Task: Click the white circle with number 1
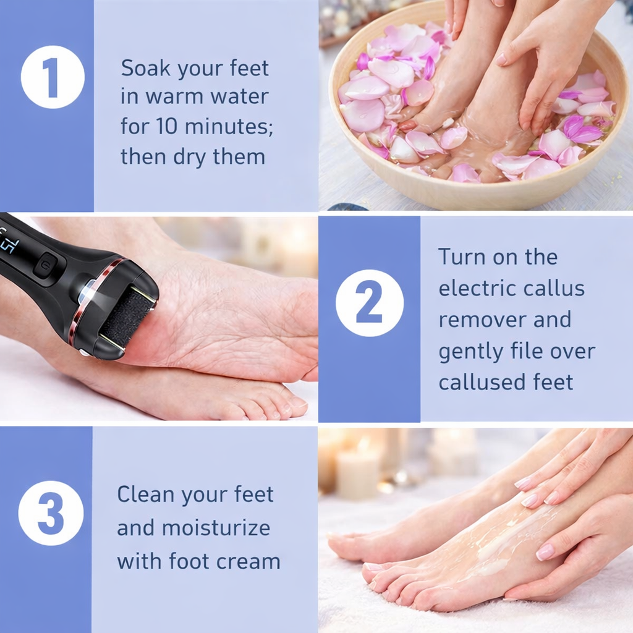53,77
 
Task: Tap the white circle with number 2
369,303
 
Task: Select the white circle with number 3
51,512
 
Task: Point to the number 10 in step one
164,127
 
